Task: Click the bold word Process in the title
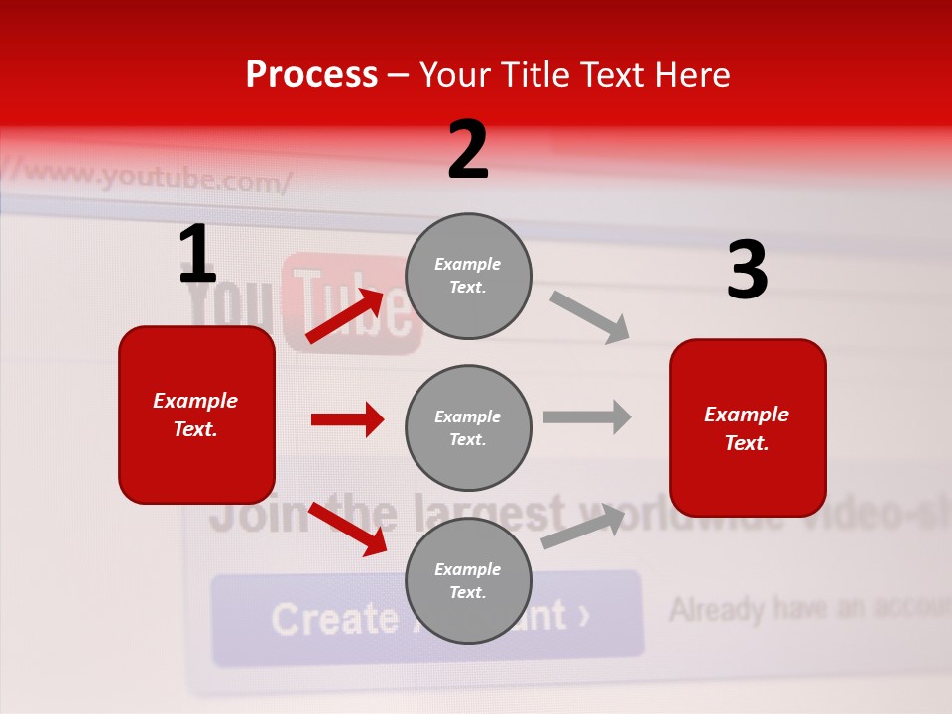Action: tap(311, 74)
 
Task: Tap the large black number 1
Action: tap(196, 255)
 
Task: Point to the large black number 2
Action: tap(468, 150)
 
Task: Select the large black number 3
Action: tap(747, 270)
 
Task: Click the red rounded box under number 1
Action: tap(196, 415)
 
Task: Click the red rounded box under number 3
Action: tap(748, 427)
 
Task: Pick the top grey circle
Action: tap(468, 276)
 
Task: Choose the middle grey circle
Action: tap(468, 427)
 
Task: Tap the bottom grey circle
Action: tap(468, 580)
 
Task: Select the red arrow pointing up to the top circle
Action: tap(345, 316)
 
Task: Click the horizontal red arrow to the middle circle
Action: tap(347, 419)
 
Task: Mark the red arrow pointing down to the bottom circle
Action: tap(347, 530)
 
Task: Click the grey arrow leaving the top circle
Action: tap(590, 317)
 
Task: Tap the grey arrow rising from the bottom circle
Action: tap(583, 527)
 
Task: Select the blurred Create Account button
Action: tap(426, 617)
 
